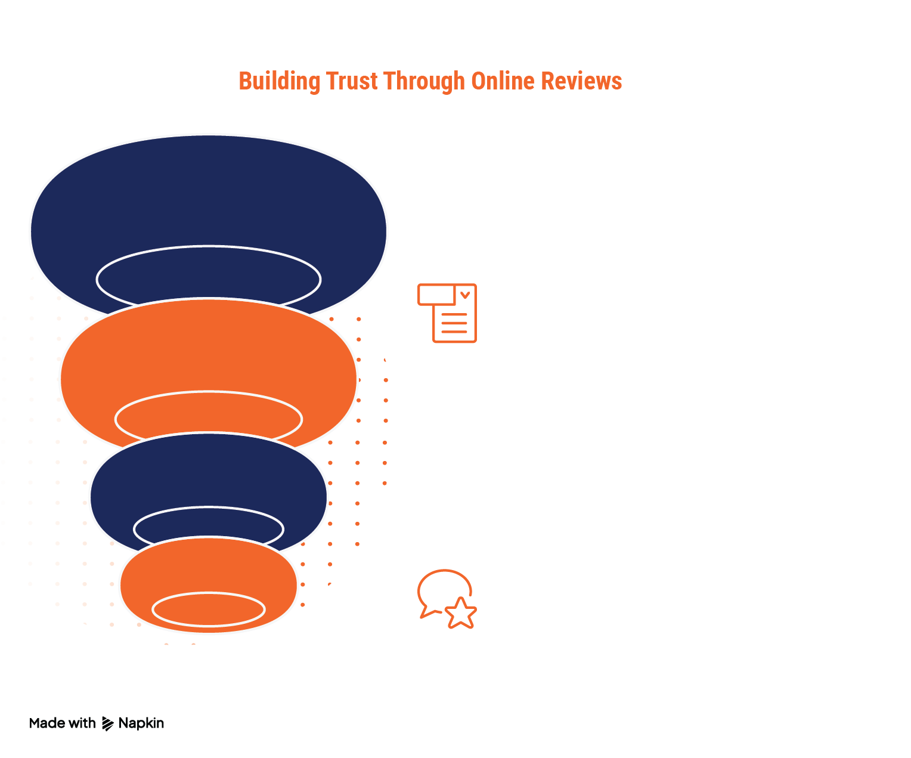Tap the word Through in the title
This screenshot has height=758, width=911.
(x=424, y=82)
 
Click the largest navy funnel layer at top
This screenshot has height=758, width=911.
(x=209, y=191)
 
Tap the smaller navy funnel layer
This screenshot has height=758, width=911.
(x=209, y=471)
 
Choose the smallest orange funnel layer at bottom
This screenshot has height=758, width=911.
(x=209, y=567)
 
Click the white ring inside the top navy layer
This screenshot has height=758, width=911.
(x=209, y=247)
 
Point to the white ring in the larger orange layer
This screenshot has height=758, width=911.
(x=209, y=392)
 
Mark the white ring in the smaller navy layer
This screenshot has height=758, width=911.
(x=209, y=508)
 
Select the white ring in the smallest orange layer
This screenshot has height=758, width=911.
(x=209, y=594)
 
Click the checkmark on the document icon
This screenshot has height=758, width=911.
(x=465, y=295)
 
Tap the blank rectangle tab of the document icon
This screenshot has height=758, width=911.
(x=436, y=295)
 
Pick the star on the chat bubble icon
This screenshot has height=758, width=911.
(x=461, y=613)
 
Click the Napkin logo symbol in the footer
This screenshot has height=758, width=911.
(x=107, y=723)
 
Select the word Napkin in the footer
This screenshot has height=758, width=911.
(x=141, y=723)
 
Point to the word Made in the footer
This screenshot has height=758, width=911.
(x=47, y=723)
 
